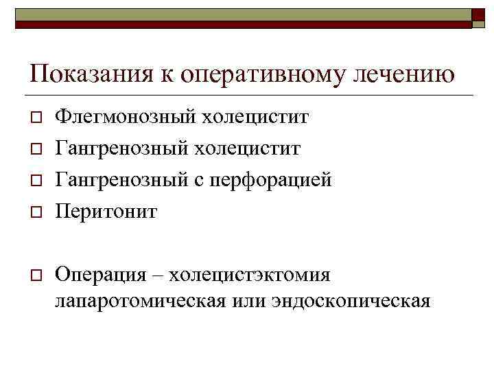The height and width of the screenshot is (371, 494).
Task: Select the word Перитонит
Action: click(x=106, y=212)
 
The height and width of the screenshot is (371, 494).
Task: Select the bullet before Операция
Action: click(x=33, y=276)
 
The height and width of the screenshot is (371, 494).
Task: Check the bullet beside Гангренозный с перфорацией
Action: click(x=33, y=181)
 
